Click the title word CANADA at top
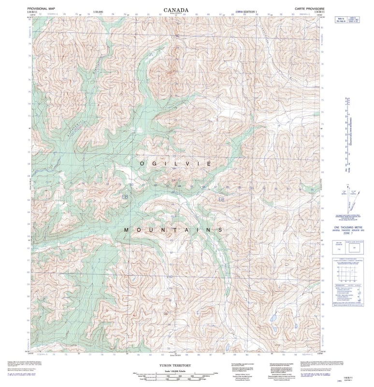176,9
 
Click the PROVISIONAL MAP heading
41,9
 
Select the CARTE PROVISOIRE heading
307,9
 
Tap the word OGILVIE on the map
175,164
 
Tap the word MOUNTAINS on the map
173,230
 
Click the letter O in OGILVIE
142,164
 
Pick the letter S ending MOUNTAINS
221,230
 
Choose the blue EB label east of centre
221,199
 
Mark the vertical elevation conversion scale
347,135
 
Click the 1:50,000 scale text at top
98,11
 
